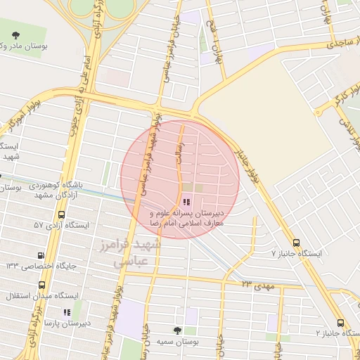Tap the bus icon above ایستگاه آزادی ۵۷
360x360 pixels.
tap(62, 214)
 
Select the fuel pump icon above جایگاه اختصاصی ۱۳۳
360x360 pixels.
tap(44, 255)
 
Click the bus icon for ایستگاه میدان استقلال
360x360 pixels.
tap(42, 285)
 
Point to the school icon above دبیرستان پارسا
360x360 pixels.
tap(67, 312)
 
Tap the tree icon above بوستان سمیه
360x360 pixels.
tap(177, 330)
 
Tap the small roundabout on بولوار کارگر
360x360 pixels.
tap(318, 111)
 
